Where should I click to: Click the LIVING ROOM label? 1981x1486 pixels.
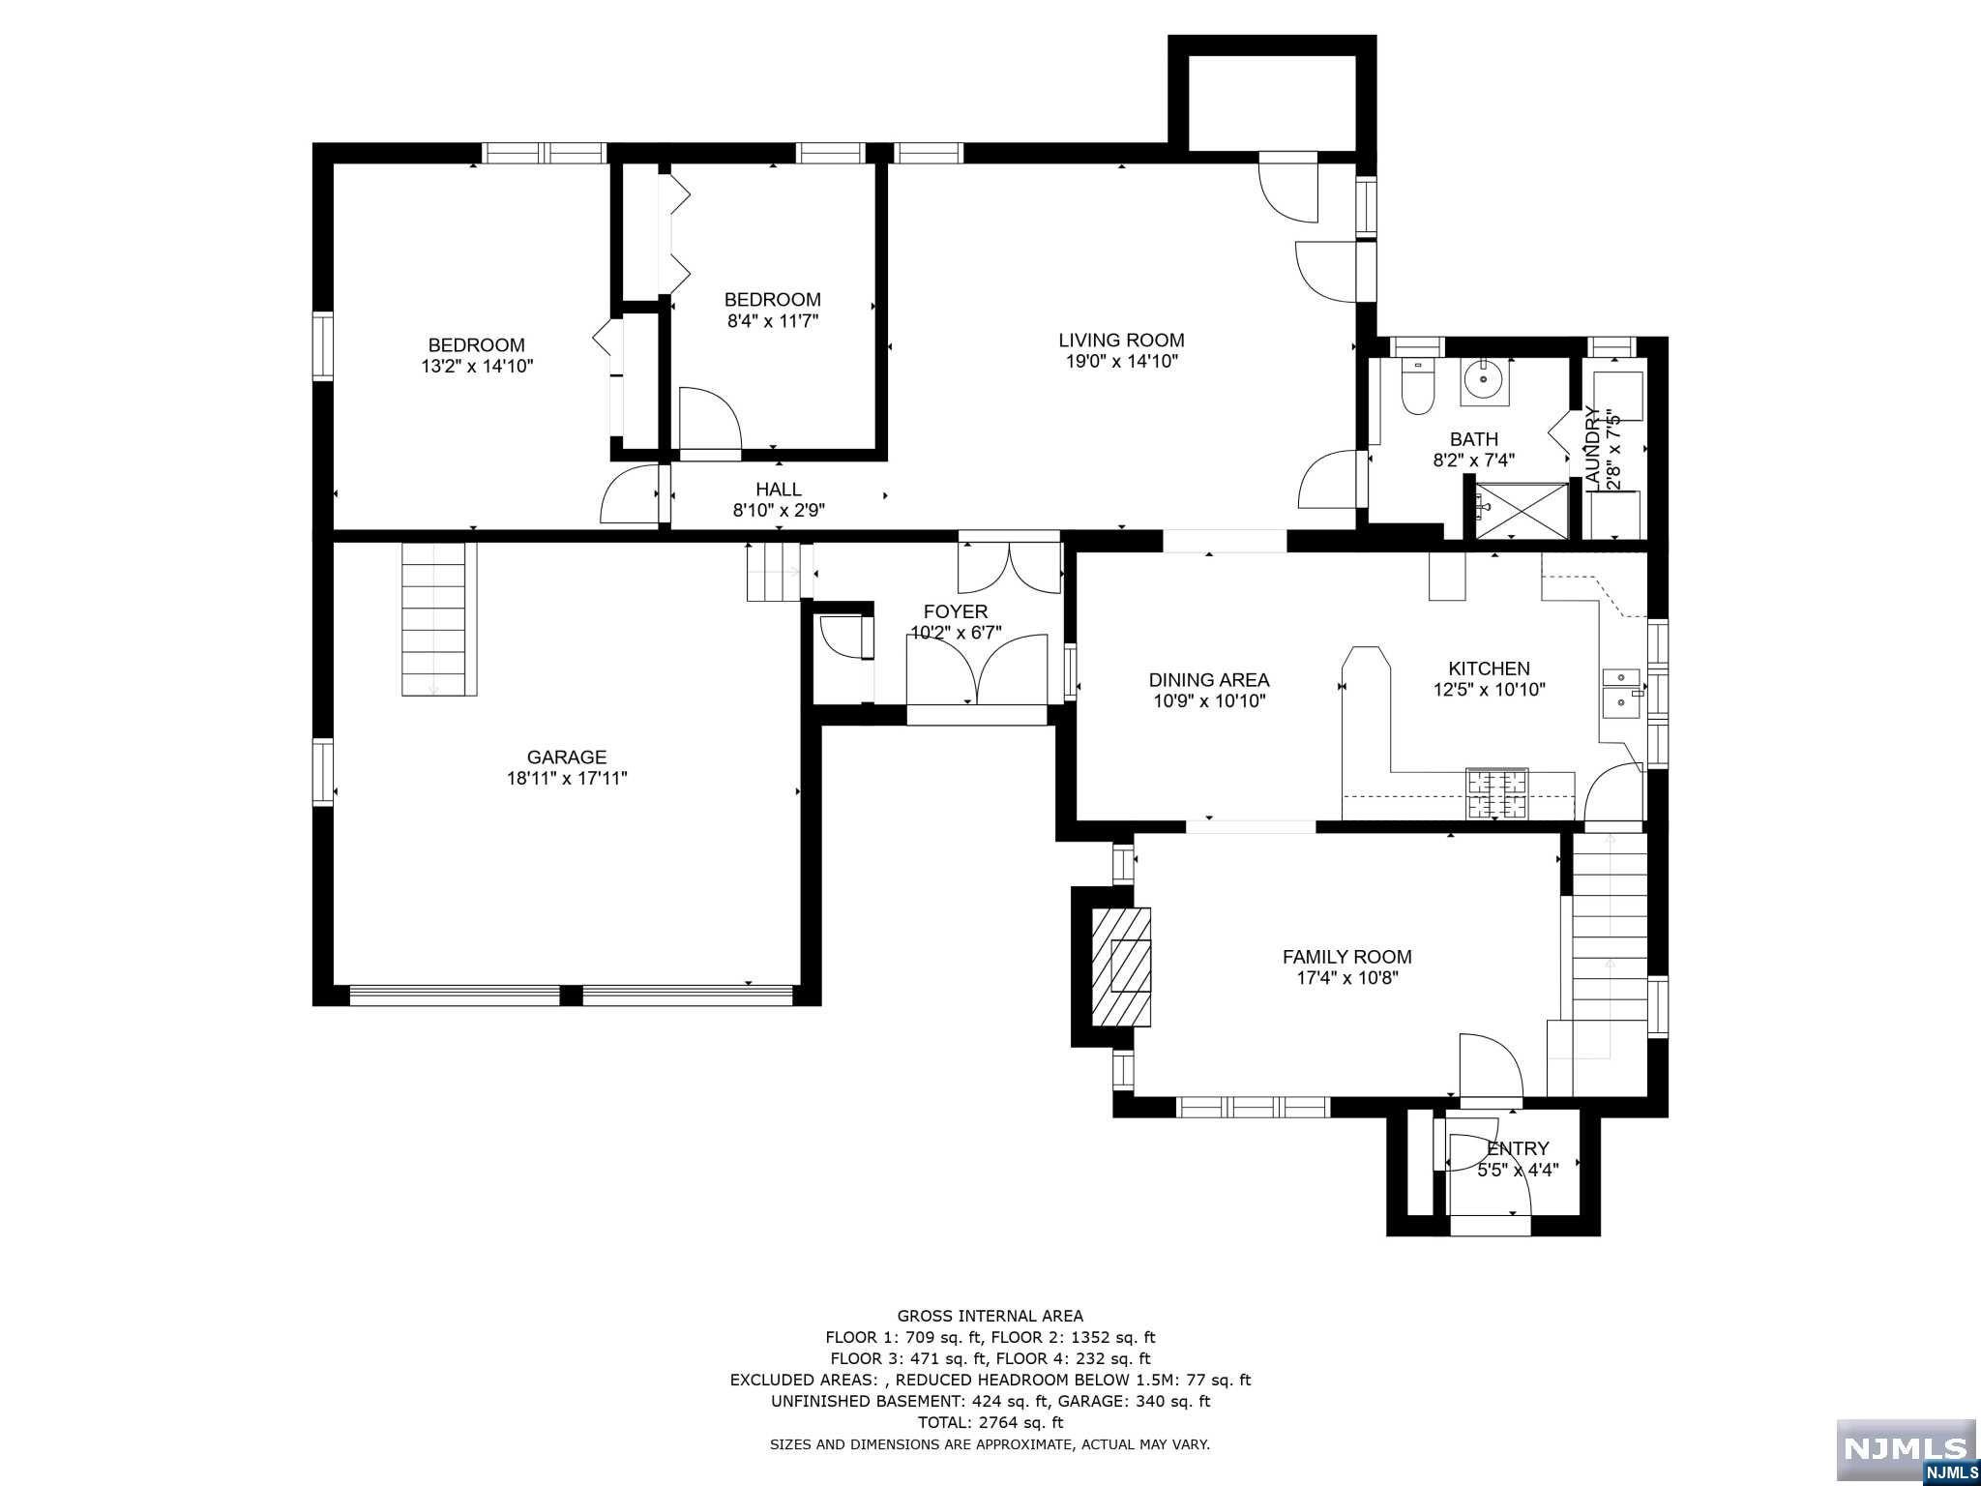pos(1121,341)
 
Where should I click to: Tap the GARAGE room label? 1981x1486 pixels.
pos(567,758)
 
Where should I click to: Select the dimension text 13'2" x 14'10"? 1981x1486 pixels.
pos(477,367)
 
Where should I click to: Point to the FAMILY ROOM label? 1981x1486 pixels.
pos(1347,957)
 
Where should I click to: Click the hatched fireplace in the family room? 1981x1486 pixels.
pos(1122,966)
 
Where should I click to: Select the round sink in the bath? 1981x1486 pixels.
pos(1484,379)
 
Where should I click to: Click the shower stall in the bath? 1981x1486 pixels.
pos(1519,510)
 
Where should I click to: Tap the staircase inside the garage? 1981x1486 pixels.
pos(440,618)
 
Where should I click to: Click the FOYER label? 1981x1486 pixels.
pos(956,611)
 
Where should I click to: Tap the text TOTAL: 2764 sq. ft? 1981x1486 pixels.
pos(990,1422)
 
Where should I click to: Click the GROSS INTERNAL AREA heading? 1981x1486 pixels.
pos(990,1316)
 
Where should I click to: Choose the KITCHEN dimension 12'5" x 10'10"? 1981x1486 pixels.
pos(1490,690)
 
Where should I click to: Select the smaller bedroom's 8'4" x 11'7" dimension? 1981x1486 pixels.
pos(773,321)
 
